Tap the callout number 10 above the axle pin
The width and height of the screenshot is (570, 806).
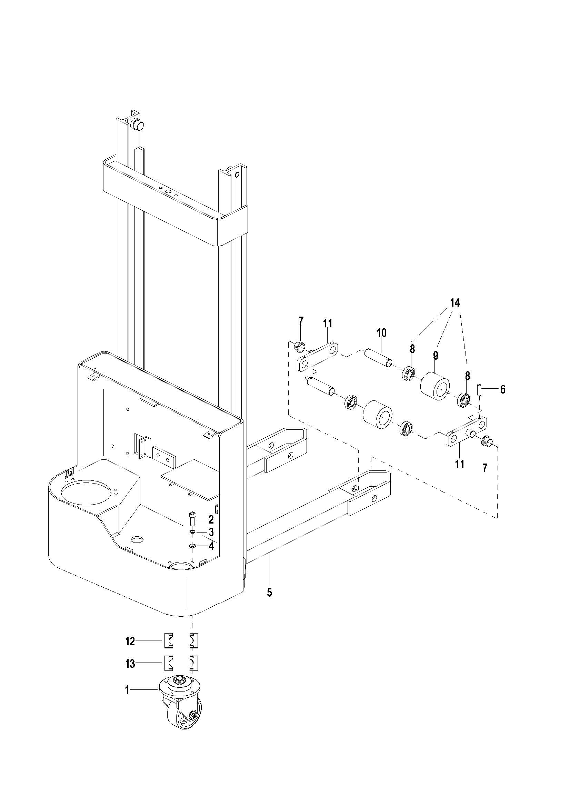381,332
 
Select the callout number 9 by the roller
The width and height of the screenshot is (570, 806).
436,355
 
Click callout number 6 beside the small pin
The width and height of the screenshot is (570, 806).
503,389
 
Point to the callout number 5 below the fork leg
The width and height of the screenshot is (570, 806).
269,592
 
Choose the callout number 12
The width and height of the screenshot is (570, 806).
130,641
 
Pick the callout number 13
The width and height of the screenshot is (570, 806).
130,664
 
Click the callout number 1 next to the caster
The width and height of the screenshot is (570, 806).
127,690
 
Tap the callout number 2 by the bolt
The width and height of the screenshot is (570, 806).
211,519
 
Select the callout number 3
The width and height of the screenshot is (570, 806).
211,532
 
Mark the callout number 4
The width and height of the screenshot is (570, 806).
211,546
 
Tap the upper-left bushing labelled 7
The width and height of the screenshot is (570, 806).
299,345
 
